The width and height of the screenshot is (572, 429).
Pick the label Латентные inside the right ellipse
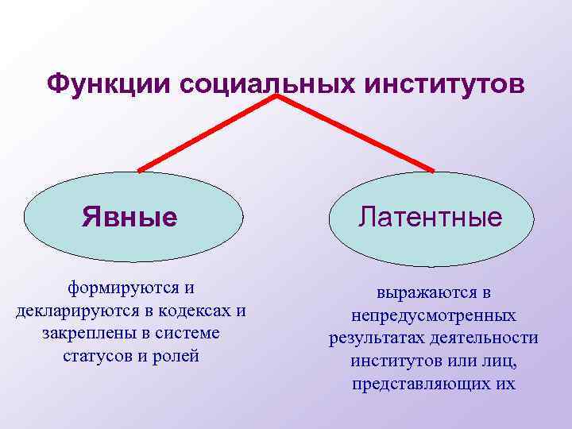[430, 217]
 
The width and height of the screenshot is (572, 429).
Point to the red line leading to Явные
[207, 133]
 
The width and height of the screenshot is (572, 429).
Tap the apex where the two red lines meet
[277, 97]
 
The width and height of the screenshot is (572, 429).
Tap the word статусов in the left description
[98, 355]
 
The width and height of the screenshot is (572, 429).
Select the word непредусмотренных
[433, 315]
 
